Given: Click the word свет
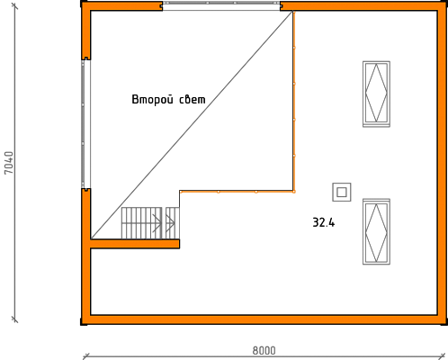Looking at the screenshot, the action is pyautogui.click(x=193, y=100).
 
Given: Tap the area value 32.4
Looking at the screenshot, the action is pyautogui.click(x=324, y=222).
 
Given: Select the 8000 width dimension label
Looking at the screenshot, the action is pyautogui.click(x=264, y=350).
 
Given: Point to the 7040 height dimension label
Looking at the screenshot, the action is pyautogui.click(x=9, y=162).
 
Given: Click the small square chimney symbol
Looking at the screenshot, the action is pyautogui.click(x=342, y=192).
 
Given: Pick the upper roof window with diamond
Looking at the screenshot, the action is pyautogui.click(x=376, y=94).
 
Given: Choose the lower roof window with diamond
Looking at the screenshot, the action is pyautogui.click(x=376, y=231).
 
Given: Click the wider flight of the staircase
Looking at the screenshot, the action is pyautogui.click(x=141, y=223).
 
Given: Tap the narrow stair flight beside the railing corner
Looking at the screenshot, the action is pyautogui.click(x=173, y=223).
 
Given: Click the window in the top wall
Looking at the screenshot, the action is pyautogui.click(x=221, y=6).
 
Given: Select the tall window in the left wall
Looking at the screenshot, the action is pyautogui.click(x=85, y=124).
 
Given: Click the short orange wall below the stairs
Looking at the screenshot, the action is pyautogui.click(x=135, y=244).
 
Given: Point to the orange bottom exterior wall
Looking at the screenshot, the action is pyautogui.click(x=264, y=319).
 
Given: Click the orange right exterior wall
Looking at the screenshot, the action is pyautogui.click(x=442, y=163).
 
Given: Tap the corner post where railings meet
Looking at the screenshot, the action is pyautogui.click(x=294, y=192).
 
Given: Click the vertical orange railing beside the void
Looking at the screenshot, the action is pyautogui.click(x=294, y=102).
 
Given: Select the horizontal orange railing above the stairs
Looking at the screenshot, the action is pyautogui.click(x=237, y=192).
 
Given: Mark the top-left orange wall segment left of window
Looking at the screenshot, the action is pyautogui.click(x=121, y=6).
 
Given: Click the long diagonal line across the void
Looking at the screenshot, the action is pyautogui.click(x=192, y=125).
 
